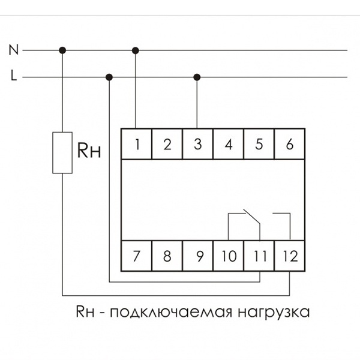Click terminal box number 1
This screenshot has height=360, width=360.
click(137, 144)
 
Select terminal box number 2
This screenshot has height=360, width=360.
click(167, 144)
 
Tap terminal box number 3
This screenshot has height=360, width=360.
click(198, 144)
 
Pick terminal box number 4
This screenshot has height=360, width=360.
click(229, 144)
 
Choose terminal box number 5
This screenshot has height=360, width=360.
click(259, 144)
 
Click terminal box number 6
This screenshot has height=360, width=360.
click(290, 144)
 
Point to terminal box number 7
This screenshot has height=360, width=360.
click(137, 256)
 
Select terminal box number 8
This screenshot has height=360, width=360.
click(167, 256)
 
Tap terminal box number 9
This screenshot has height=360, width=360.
click(198, 256)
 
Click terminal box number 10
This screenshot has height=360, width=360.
click(229, 256)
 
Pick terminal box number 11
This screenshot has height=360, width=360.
click(259, 256)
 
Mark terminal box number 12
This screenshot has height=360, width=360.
click(290, 256)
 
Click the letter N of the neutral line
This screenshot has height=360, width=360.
click(13, 50)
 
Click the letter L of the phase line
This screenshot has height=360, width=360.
click(13, 77)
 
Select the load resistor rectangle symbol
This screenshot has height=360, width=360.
click(62, 152)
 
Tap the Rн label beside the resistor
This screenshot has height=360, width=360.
click(88, 151)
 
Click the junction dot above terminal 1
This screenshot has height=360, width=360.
click(136, 50)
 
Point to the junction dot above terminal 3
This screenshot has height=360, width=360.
click(197, 77)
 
